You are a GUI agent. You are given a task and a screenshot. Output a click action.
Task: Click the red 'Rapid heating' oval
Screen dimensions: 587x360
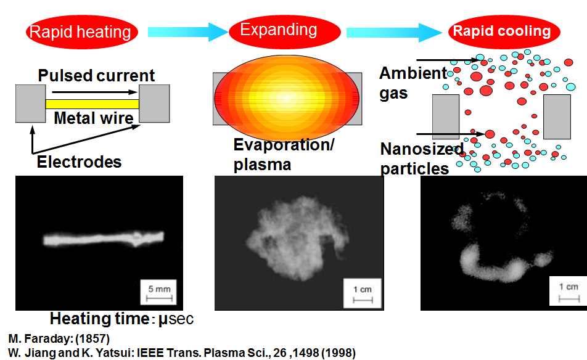81,32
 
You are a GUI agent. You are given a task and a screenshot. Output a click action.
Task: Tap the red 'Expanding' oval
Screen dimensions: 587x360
284,32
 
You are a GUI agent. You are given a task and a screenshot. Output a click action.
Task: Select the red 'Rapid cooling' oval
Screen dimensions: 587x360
504,32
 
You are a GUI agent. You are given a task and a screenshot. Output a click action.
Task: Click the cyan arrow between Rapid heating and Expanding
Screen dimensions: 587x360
188,32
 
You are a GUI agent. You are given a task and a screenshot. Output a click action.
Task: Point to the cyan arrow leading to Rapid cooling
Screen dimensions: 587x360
394,33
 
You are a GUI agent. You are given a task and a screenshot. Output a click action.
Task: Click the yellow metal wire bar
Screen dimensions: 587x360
92,104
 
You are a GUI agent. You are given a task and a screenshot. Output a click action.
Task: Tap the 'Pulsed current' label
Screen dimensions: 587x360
96,76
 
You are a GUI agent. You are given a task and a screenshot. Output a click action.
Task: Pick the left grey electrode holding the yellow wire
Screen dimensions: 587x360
31,104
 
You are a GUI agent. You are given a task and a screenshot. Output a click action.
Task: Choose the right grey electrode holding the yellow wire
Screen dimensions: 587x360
154,104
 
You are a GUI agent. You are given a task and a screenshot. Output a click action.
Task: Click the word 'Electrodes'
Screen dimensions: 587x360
79,162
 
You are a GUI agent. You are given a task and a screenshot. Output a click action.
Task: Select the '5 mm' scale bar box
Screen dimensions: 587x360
158,292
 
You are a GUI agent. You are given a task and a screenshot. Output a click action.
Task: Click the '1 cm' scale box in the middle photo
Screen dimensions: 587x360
363,293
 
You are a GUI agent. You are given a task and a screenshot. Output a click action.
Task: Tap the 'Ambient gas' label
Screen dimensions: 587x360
413,83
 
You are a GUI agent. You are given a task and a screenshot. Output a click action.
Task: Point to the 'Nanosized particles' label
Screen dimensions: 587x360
422,158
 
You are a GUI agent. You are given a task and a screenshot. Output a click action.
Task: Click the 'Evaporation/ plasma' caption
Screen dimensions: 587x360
284,155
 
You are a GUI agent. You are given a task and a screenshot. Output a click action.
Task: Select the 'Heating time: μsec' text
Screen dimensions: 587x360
121,319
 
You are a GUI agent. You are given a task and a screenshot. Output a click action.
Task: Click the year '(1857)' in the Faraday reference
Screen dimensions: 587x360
92,338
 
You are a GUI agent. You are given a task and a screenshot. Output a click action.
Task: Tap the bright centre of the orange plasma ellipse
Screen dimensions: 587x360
287,99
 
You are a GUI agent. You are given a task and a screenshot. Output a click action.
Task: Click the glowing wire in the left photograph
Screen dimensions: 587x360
104,239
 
